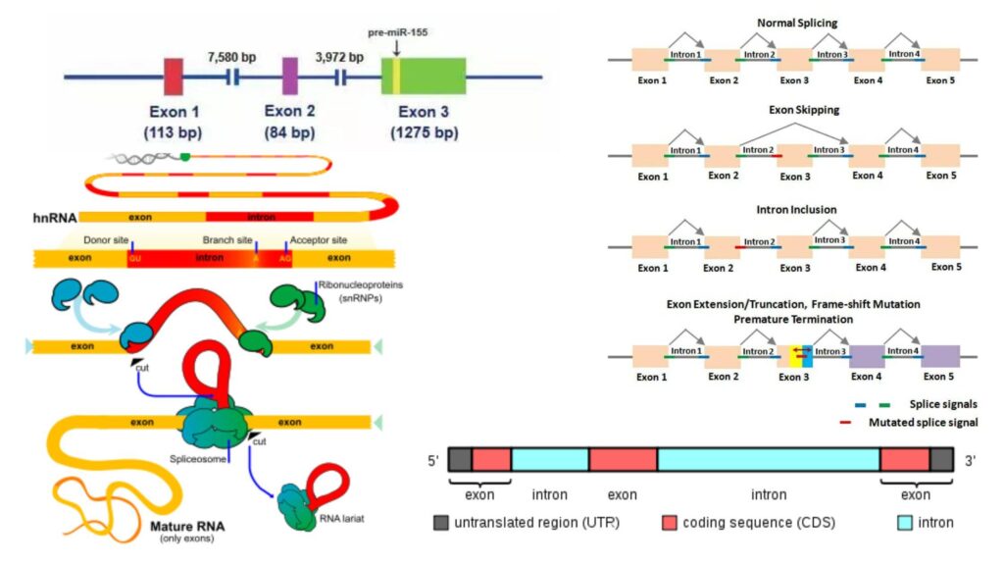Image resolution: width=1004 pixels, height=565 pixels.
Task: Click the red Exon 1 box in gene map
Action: (173, 76)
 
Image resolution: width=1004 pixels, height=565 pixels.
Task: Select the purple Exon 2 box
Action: (289, 76)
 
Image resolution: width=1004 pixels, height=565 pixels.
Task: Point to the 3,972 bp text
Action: (339, 58)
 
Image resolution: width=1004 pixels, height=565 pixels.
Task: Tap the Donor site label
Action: (109, 239)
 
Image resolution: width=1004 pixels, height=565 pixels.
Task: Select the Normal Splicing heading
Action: (796, 23)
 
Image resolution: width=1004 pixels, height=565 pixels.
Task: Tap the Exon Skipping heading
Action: (796, 111)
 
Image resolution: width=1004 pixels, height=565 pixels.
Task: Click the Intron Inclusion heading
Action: (796, 209)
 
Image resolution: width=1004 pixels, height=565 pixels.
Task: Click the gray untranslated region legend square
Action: (439, 522)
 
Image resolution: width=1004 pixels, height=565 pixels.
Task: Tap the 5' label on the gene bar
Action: (432, 460)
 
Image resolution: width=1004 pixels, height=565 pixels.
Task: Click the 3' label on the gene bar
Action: (970, 460)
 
